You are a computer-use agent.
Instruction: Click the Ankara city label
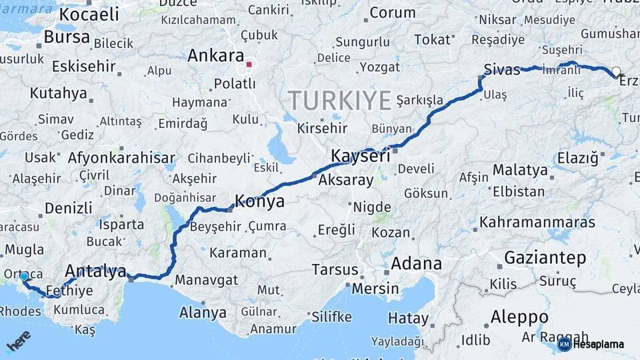tap(215, 55)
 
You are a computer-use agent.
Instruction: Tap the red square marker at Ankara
tap(249, 65)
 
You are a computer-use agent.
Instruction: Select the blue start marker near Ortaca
tap(24, 276)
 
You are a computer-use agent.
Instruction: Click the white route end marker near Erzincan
tap(616, 71)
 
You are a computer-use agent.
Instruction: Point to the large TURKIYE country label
tap(339, 101)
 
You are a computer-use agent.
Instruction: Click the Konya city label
tap(259, 201)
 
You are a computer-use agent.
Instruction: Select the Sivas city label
tap(501, 70)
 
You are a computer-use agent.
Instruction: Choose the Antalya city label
tap(95, 272)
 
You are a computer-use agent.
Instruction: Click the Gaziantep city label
tap(545, 258)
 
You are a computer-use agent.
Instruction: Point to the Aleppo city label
tap(519, 317)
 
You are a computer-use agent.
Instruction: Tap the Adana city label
tap(416, 264)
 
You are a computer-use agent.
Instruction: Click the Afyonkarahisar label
tap(121, 159)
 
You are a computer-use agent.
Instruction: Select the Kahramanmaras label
tap(537, 221)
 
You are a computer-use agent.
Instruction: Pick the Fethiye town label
tap(70, 291)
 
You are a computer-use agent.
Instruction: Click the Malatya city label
tap(520, 170)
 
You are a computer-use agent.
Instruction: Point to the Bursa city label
tap(67, 37)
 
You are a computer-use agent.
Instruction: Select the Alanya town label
tap(203, 313)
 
